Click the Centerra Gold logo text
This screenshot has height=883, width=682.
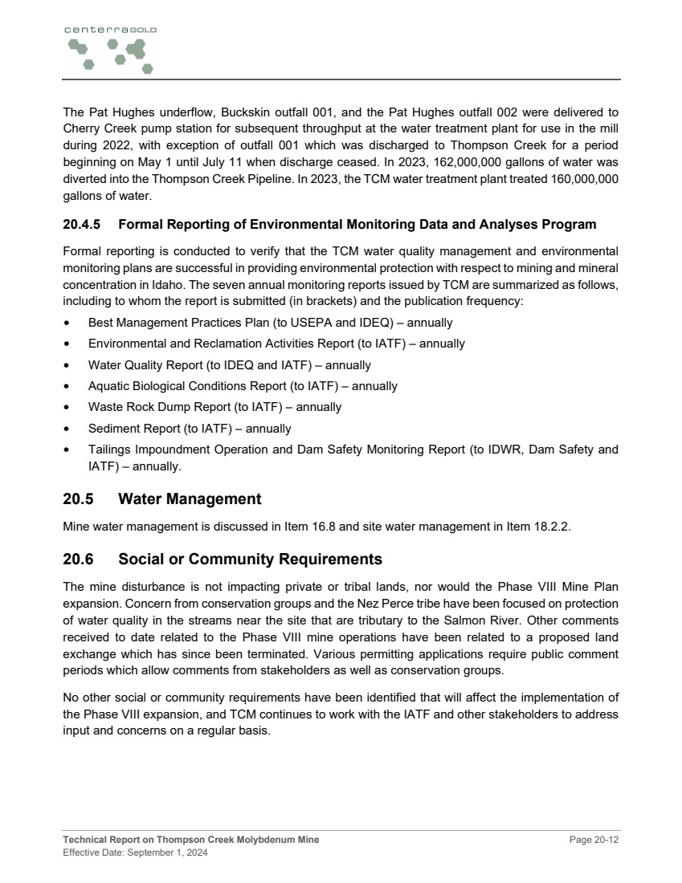click(110, 30)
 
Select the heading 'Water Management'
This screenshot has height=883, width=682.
click(190, 499)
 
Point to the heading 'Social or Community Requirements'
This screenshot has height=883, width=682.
click(250, 559)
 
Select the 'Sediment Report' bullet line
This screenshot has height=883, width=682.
click(190, 429)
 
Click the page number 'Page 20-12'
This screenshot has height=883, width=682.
click(594, 840)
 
